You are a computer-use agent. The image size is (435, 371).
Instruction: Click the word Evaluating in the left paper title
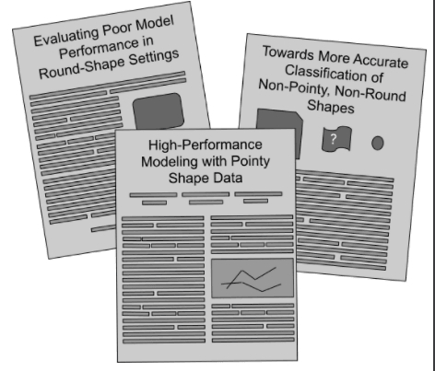(x=66, y=37)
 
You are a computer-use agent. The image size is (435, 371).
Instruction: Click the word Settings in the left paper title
(x=154, y=57)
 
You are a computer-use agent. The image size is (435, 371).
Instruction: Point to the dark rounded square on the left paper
(x=159, y=111)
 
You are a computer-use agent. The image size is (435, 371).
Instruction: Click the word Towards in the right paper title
(x=288, y=52)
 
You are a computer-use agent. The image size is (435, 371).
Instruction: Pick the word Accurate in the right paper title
(x=381, y=61)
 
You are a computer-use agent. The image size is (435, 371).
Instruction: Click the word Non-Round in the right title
(x=370, y=93)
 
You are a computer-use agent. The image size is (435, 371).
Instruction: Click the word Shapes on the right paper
(x=331, y=106)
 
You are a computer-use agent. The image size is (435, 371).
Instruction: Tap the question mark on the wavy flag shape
(x=334, y=139)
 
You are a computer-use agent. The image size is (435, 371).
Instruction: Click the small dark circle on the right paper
(x=378, y=143)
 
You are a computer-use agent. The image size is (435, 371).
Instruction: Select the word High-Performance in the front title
(x=206, y=145)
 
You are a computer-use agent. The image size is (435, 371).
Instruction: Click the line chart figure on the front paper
(x=253, y=278)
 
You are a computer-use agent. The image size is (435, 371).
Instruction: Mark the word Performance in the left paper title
(x=100, y=49)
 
